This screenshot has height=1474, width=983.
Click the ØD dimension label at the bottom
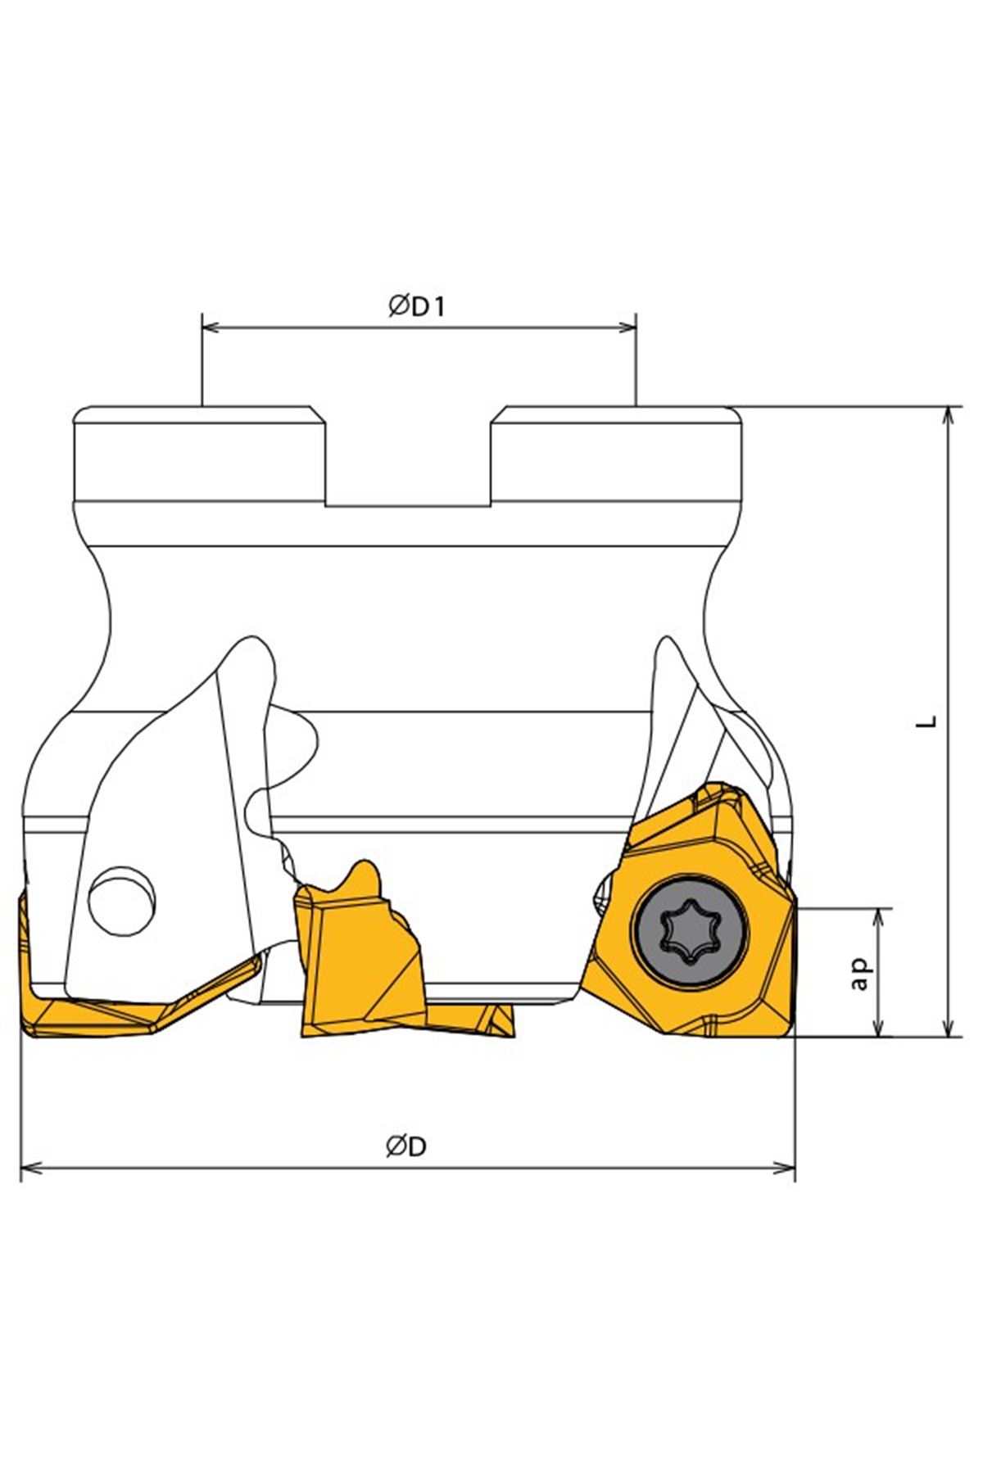pyautogui.click(x=407, y=1146)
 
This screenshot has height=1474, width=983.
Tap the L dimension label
pyautogui.click(x=926, y=721)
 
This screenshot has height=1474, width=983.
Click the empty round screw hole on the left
pyautogui.click(x=120, y=901)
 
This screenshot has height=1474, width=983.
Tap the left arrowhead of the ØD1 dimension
pyautogui.click(x=211, y=328)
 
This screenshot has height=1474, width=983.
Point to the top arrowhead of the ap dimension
pyautogui.click(x=881, y=918)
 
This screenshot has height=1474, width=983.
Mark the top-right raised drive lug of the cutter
pyautogui.click(x=618, y=454)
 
